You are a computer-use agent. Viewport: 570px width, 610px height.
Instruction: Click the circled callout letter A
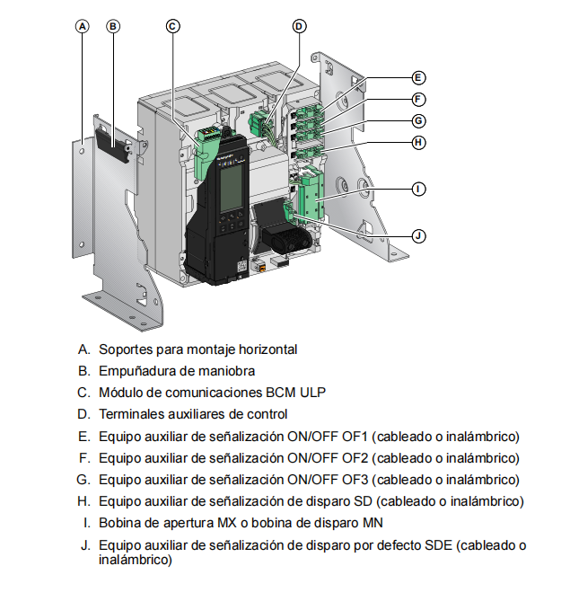(82, 26)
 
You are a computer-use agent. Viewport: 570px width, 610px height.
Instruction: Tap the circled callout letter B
(113, 26)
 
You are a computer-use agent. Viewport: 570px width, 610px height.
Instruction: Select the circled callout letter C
(173, 26)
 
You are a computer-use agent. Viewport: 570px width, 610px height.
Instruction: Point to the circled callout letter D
(299, 26)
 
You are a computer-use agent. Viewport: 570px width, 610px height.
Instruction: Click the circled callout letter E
(418, 78)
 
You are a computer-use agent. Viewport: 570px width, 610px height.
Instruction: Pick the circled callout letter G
(418, 121)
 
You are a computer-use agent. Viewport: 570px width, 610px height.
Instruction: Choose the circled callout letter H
(418, 143)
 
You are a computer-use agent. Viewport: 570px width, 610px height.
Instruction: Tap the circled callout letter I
(418, 190)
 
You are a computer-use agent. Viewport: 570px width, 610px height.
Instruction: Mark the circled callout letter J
(418, 236)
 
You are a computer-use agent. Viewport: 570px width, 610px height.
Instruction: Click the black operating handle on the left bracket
(113, 145)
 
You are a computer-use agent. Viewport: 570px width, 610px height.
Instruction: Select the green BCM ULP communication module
(206, 153)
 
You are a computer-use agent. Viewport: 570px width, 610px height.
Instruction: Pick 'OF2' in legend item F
(355, 458)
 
